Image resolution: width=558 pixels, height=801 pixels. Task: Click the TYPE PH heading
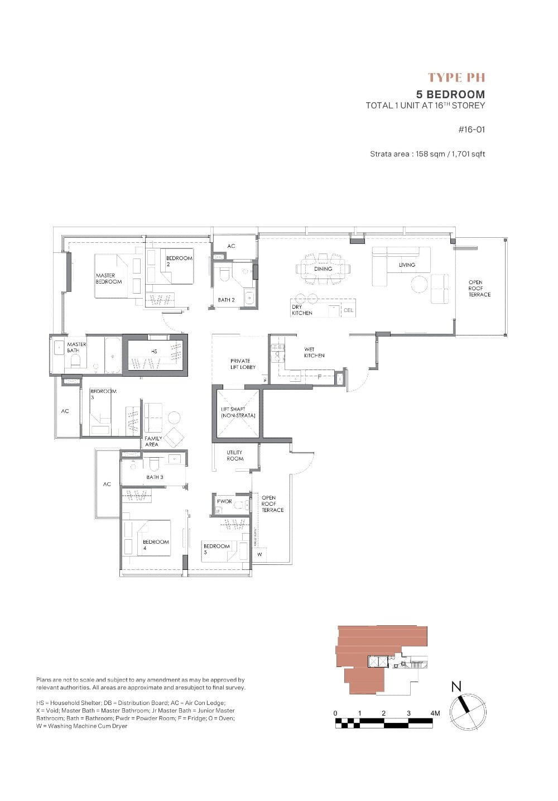point(456,78)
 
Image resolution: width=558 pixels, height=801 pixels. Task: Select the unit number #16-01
point(472,129)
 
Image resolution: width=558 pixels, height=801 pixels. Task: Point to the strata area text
point(427,154)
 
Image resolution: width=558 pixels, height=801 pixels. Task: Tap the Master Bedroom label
point(108,279)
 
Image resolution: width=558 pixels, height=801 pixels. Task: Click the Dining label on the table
point(323,268)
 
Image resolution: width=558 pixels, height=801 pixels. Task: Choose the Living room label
point(407,265)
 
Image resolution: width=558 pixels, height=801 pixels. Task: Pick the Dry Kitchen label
point(302,310)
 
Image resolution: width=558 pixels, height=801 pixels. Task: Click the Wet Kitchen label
point(314,352)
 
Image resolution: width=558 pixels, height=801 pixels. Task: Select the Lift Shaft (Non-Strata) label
point(238,413)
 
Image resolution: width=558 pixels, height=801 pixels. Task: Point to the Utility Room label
point(235,455)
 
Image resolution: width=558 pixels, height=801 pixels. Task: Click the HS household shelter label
point(154,351)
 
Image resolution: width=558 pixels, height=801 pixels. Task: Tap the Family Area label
point(153,442)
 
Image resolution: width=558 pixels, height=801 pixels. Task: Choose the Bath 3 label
point(155,477)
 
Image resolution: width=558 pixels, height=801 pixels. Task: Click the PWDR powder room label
point(224,501)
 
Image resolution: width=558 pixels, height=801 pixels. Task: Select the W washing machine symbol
point(259,554)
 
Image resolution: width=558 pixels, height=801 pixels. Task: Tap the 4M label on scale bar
point(435,713)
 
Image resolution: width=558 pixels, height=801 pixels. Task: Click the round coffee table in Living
point(420,284)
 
